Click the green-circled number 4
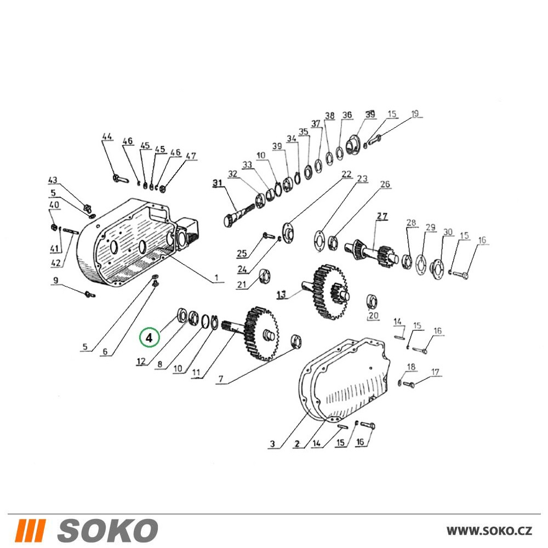pyautogui.click(x=149, y=338)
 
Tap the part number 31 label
pyautogui.click(x=218, y=183)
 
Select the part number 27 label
pyautogui.click(x=382, y=216)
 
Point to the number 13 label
pyautogui.click(x=282, y=295)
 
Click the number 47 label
pyautogui.click(x=191, y=156)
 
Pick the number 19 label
pyautogui.click(x=415, y=114)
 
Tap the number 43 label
pyautogui.click(x=53, y=180)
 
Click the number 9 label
pyautogui.click(x=55, y=280)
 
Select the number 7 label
pyautogui.click(x=221, y=379)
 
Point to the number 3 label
pyautogui.click(x=272, y=444)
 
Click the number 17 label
pyautogui.click(x=435, y=372)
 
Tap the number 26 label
pyautogui.click(x=385, y=184)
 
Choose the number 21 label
pyautogui.click(x=242, y=284)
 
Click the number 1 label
pyautogui.click(x=216, y=278)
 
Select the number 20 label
pyautogui.click(x=373, y=316)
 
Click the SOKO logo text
pyautogui.click(x=107, y=530)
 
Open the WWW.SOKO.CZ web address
pyautogui.click(x=489, y=530)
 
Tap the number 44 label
pyautogui.click(x=107, y=136)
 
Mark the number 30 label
pyautogui.click(x=448, y=232)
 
